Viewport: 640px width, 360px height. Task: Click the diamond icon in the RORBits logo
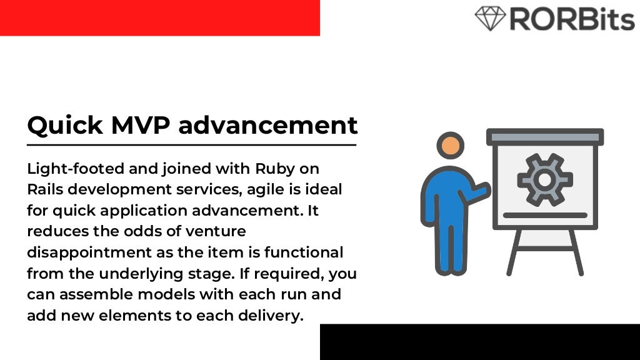click(490, 18)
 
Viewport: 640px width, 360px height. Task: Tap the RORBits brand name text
click(572, 19)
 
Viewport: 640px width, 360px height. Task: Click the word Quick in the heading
click(65, 126)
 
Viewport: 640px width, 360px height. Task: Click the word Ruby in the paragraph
click(274, 169)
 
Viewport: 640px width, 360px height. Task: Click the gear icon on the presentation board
click(544, 180)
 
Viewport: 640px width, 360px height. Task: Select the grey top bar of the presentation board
click(544, 137)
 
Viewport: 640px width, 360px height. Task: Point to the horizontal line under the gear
click(544, 215)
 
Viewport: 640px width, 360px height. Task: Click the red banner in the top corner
click(159, 17)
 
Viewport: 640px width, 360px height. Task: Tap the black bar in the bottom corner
click(479, 342)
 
